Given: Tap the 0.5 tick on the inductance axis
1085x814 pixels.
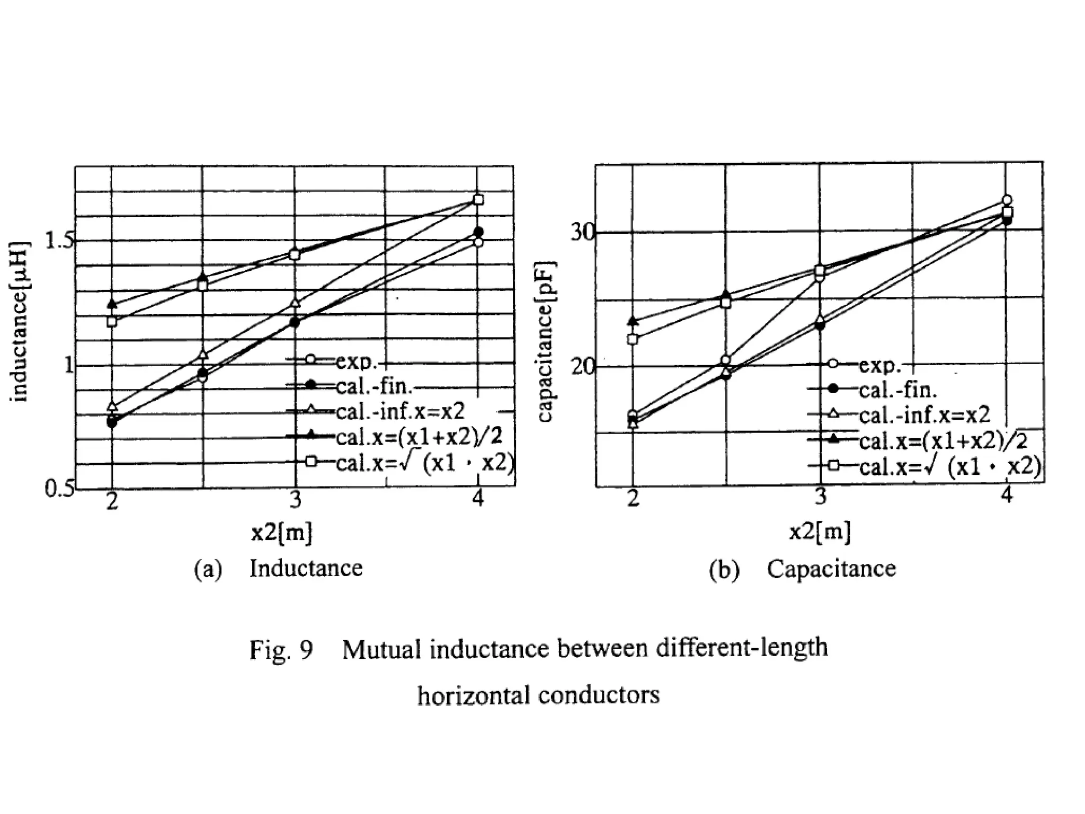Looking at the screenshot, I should tap(59, 489).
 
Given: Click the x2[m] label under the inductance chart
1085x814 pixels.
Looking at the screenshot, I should tap(282, 532).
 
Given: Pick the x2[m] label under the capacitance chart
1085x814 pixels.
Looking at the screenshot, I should tap(820, 531).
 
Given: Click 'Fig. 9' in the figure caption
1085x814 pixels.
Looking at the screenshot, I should tap(281, 650).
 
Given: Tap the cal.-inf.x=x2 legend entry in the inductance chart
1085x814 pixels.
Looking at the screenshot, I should tap(400, 411).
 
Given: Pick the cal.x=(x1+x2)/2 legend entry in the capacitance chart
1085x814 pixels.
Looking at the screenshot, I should tap(943, 441).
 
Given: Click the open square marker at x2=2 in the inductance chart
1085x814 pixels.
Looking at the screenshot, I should tap(112, 321).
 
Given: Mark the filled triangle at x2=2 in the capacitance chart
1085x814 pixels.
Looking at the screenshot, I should tap(633, 321).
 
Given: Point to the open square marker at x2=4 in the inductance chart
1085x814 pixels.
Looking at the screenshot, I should tap(479, 200).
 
